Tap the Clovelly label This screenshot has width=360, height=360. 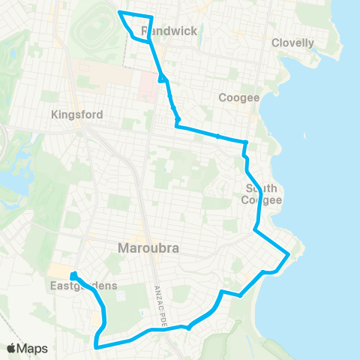tap(292, 43)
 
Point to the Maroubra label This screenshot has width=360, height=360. tap(147, 248)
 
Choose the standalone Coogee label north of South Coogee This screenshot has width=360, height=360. tap(238, 98)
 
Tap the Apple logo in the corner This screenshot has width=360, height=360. tap(11, 348)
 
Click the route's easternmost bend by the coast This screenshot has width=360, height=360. tap(289, 256)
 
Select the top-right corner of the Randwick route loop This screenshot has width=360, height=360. tap(152, 16)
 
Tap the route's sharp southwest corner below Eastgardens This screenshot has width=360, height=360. tap(96, 346)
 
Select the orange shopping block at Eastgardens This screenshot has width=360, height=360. tap(58, 270)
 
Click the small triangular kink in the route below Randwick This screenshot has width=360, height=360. tap(162, 78)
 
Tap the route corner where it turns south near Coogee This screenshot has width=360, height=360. tap(246, 142)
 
